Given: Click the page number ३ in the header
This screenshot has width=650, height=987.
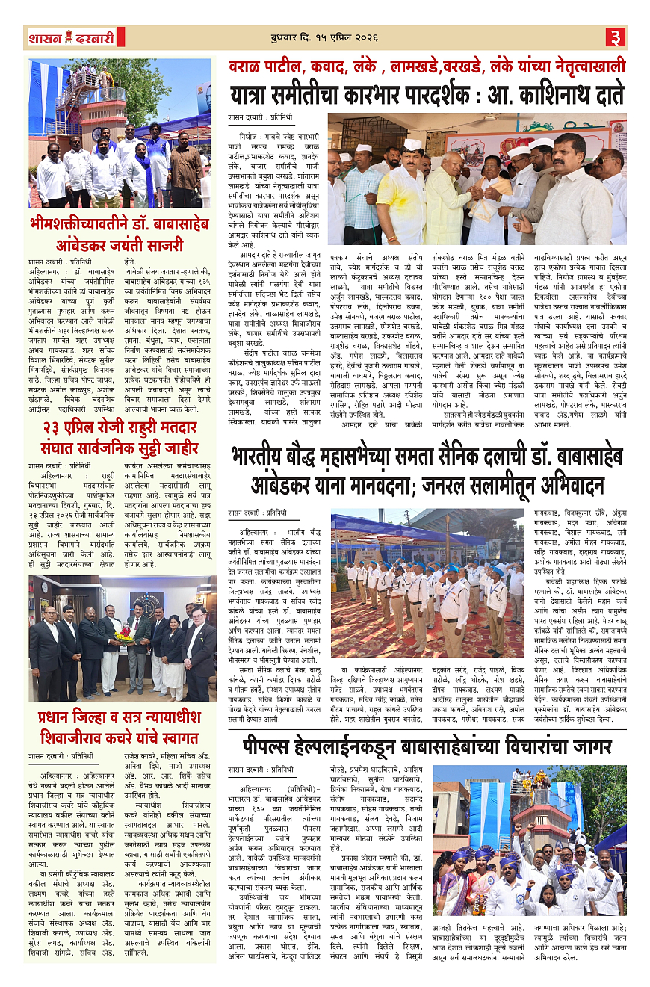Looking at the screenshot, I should pyautogui.click(x=614, y=37).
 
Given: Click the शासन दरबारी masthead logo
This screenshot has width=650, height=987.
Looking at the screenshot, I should pyautogui.click(x=72, y=37).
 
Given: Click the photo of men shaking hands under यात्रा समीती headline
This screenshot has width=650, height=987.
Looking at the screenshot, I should pyautogui.click(x=477, y=179).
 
